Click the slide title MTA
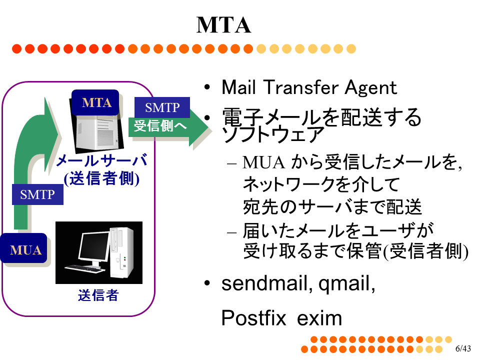point(223,25)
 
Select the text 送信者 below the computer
point(98,295)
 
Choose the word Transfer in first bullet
point(299,87)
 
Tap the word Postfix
point(253,318)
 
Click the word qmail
point(346,284)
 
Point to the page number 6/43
point(462,348)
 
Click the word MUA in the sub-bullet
point(263,163)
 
